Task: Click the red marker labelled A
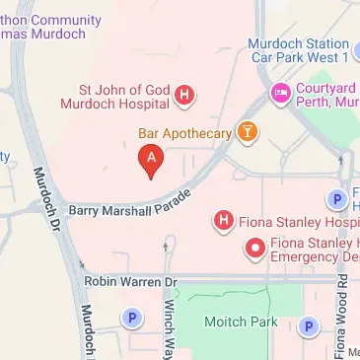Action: tap(150, 159)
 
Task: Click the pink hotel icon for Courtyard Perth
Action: tap(279, 94)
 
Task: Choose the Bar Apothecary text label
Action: tap(184, 131)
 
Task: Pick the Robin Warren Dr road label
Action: tap(129, 281)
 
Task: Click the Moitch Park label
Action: tap(230, 322)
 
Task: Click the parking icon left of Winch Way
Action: tap(131, 318)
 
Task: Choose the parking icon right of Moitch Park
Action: tap(309, 326)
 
